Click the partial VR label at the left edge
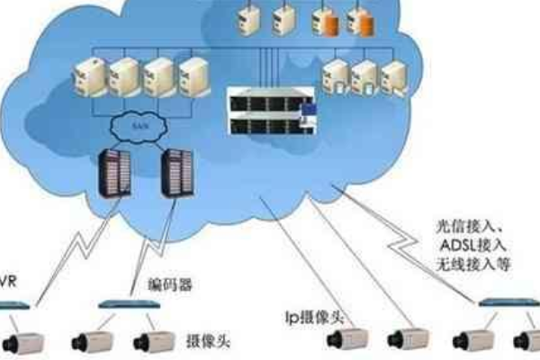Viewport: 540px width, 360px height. point(8,282)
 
